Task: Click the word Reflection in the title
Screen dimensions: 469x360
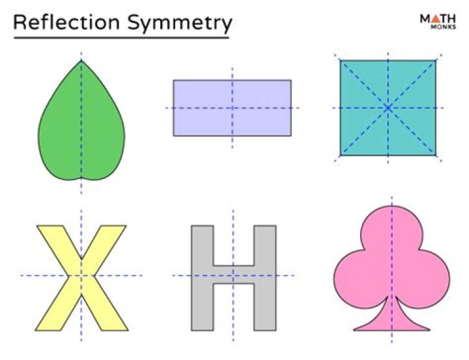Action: [66, 22]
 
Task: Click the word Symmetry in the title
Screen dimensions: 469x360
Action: [180, 24]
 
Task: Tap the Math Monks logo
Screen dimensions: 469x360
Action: [438, 21]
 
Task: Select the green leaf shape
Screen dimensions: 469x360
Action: [81, 120]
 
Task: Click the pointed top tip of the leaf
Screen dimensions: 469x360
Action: [81, 61]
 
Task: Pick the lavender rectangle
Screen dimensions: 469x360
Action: [233, 108]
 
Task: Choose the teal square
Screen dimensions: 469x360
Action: [388, 108]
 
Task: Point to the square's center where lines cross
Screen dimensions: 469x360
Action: [388, 108]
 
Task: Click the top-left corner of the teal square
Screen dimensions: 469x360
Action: [341, 61]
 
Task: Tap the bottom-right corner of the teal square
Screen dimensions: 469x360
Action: [436, 155]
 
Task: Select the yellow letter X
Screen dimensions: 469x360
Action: [81, 278]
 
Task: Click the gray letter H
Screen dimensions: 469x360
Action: [234, 278]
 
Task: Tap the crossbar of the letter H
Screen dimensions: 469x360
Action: [234, 274]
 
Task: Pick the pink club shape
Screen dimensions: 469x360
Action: [391, 268]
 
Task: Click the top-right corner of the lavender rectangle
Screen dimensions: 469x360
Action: [291, 80]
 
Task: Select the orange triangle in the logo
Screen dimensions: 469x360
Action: [436, 18]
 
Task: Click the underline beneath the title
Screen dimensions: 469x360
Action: [121, 38]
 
